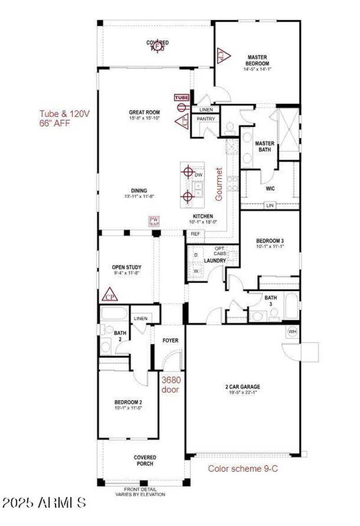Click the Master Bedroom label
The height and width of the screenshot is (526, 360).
click(257, 60)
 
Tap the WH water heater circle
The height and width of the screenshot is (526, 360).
click(292, 332)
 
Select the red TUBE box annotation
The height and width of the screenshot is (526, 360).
click(182, 97)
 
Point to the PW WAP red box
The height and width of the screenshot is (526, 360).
click(154, 221)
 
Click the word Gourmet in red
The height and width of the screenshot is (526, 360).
click(220, 184)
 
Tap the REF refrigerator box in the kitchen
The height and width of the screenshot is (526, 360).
click(195, 234)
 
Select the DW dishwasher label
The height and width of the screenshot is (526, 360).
click(199, 174)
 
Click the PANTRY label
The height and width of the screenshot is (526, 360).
click(206, 118)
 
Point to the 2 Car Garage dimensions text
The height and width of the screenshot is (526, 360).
click(243, 392)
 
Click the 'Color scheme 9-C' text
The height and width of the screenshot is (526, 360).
click(243, 468)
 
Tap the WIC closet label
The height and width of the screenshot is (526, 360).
click(270, 189)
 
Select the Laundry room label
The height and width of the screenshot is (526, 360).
click(214, 261)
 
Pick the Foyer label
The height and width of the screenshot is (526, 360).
click(171, 340)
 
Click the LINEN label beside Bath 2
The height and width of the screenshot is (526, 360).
click(140, 319)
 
